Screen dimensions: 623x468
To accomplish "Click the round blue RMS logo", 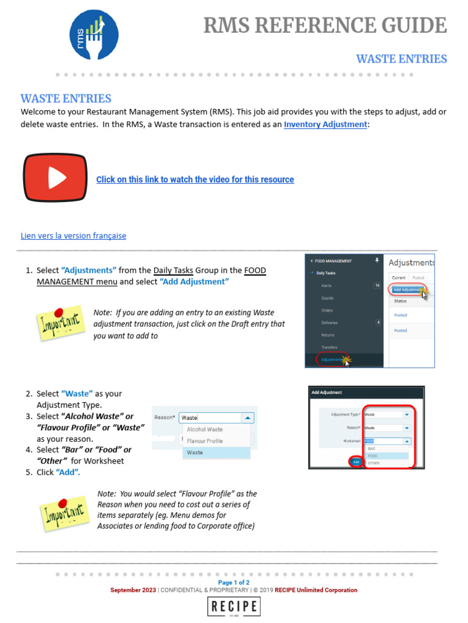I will (94, 35).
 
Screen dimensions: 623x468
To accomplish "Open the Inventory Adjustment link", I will (325, 124).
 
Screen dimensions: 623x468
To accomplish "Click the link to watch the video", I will (195, 179).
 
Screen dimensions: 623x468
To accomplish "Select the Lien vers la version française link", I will (74, 235).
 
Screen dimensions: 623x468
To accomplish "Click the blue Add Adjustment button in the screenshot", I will (406, 290).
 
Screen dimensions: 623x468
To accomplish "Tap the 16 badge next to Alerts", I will (377, 285).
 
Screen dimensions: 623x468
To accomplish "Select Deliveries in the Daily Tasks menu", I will (330, 322).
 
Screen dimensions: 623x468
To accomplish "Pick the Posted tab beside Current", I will (419, 277).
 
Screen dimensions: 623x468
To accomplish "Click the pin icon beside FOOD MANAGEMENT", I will (377, 260).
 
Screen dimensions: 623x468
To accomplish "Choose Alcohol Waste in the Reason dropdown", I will (205, 430).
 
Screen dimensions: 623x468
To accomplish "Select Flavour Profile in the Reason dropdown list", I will (205, 441).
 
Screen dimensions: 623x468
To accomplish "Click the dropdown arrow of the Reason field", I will (247, 418).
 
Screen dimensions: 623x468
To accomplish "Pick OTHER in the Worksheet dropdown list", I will (373, 463).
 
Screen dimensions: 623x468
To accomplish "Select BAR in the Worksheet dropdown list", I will (371, 448).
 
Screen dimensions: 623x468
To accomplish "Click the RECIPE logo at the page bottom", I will (235, 607).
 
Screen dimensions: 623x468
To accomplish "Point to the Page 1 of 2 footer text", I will (234, 582).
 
